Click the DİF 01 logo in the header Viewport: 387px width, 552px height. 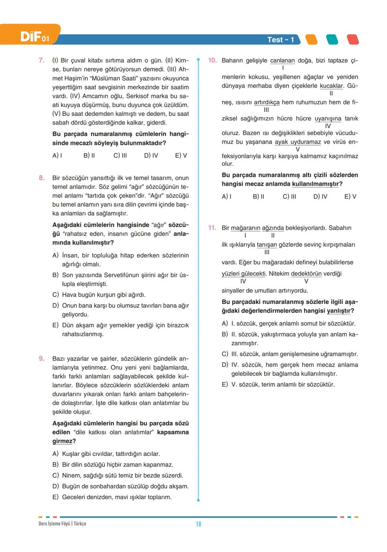34,37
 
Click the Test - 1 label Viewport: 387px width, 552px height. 281,40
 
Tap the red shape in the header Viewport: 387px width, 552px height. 353,39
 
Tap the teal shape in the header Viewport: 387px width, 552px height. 332,39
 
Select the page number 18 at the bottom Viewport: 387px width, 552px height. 199,524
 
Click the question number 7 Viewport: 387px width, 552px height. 42,60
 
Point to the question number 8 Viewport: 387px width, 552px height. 42,178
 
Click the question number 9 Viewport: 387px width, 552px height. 42,359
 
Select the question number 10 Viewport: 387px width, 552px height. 212,60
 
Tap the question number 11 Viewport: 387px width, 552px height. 212,228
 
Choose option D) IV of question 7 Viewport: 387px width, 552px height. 151,156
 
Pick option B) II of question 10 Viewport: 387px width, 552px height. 258,197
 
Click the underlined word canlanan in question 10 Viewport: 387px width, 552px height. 282,61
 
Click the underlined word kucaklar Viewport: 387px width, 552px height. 331,86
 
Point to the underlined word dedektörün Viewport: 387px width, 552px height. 306,274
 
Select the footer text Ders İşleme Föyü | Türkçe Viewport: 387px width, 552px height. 62,524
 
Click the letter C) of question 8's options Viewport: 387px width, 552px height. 56,295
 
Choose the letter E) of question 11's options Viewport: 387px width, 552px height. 225,384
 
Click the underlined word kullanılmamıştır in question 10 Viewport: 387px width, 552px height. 315,184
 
